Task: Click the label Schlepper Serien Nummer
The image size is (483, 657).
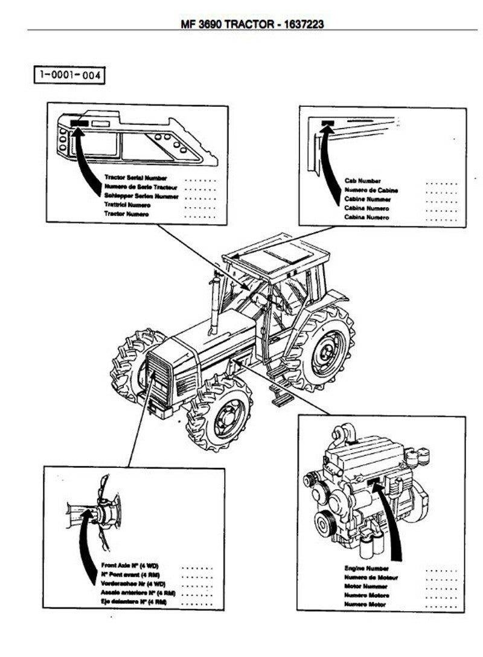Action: click(x=141, y=196)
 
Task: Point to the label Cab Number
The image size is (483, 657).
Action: click(x=362, y=181)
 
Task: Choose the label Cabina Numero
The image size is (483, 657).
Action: click(x=366, y=217)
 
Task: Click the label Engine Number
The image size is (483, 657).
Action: click(x=366, y=568)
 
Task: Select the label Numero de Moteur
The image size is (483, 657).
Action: click(x=371, y=577)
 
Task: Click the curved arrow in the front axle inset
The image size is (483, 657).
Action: click(x=84, y=531)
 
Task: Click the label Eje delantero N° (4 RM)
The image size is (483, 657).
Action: click(x=133, y=602)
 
